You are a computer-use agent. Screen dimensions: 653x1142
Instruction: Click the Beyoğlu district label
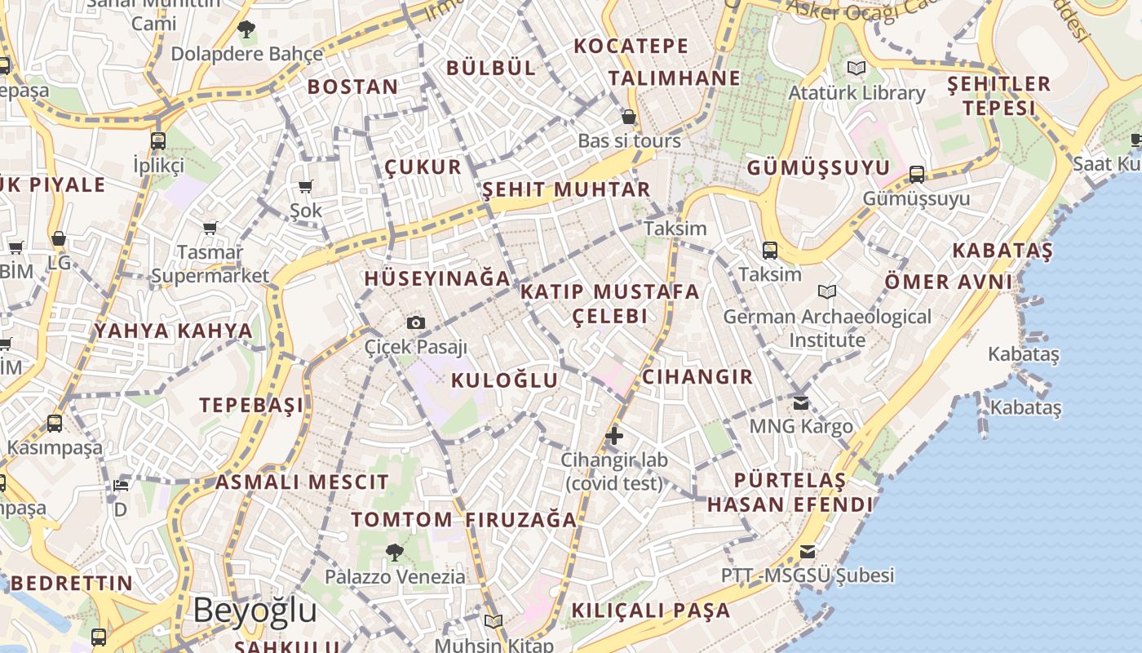(x=255, y=611)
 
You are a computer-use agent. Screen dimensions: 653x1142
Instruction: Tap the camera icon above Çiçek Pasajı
(x=416, y=322)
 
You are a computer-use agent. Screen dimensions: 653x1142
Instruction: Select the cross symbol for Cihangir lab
(x=614, y=436)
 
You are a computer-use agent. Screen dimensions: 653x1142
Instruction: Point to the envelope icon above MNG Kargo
(x=800, y=402)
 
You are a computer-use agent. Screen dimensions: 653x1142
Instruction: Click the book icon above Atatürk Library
(x=856, y=68)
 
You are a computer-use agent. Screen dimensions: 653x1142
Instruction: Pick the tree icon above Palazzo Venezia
(x=395, y=553)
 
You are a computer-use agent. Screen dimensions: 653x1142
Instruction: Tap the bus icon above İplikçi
(x=158, y=140)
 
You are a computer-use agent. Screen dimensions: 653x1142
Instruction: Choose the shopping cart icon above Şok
(x=306, y=187)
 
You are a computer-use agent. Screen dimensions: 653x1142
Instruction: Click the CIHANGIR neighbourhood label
(x=697, y=376)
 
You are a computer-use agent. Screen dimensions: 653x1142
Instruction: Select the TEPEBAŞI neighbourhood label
(x=251, y=405)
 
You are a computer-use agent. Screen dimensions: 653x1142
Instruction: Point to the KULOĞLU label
(x=504, y=380)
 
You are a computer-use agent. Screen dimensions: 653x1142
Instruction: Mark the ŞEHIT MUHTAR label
(x=566, y=189)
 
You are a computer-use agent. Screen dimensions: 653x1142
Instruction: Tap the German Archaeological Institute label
(x=827, y=327)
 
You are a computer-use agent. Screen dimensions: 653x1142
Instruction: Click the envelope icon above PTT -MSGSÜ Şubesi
(x=808, y=551)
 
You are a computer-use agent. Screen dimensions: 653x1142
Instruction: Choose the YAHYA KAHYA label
(x=174, y=331)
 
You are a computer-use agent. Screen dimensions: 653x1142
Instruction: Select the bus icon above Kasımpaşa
(x=55, y=424)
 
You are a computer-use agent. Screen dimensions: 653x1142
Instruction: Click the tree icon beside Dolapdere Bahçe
(x=246, y=30)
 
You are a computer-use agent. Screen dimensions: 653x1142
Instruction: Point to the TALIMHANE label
(x=675, y=78)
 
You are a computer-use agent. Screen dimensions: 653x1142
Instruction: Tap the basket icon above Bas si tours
(x=629, y=117)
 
